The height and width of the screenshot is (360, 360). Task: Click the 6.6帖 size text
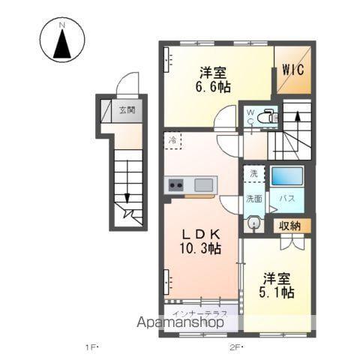(x=212, y=88)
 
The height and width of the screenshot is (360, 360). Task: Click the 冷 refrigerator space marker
(x=173, y=140)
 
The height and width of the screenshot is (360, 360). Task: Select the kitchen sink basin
(x=204, y=184)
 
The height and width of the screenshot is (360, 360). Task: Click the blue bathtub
(x=286, y=178)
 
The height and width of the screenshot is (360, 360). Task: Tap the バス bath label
(x=286, y=199)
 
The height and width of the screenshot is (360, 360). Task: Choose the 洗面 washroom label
(x=253, y=199)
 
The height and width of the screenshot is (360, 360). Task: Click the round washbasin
(x=253, y=223)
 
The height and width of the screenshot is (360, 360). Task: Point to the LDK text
(x=198, y=232)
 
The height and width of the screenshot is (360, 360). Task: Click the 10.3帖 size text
(x=198, y=248)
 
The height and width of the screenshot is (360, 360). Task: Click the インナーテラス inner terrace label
(x=195, y=311)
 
